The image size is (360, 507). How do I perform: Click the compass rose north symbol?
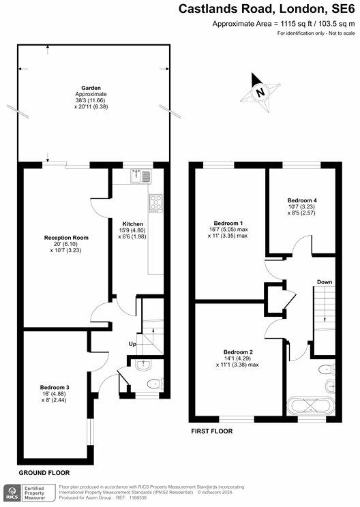coord(259,92)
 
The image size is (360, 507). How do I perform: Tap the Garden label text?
coord(87,88)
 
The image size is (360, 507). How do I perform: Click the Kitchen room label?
coord(132,224)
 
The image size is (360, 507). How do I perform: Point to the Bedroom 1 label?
coord(228,224)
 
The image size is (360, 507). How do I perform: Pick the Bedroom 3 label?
coord(55,387)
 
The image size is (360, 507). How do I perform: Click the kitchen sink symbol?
coord(141,176)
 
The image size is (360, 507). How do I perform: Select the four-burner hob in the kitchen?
coord(156,202)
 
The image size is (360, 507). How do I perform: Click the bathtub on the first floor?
coord(310,405)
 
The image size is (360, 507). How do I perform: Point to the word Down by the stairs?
coord(325,281)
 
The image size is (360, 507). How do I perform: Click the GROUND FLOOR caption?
coord(44,472)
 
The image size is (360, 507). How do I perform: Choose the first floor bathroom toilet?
coord(325,371)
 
